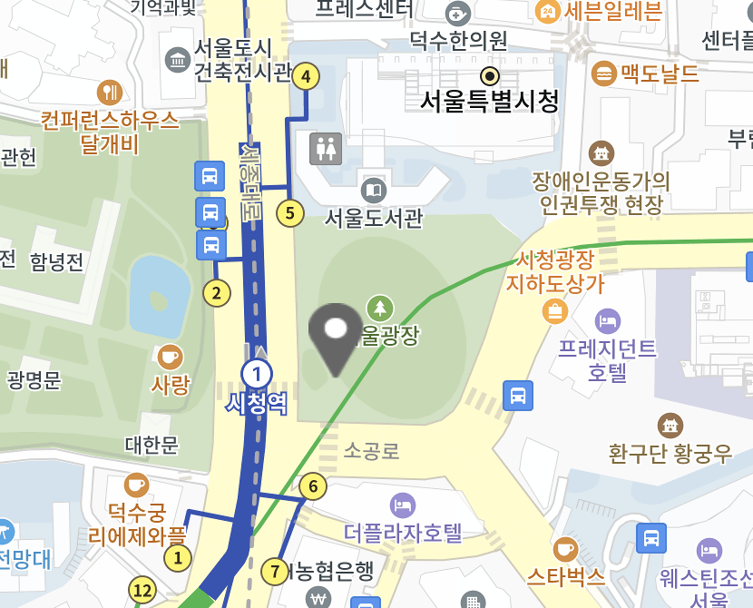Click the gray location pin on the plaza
click(336, 336)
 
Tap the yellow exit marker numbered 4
click(306, 77)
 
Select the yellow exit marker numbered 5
click(289, 213)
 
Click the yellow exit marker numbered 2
click(216, 293)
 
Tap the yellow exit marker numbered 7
click(275, 572)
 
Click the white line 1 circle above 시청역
click(257, 373)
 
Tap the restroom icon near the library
click(325, 148)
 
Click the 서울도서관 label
click(373, 218)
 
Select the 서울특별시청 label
click(489, 101)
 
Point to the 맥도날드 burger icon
click(602, 73)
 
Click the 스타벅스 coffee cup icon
click(565, 548)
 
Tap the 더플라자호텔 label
click(404, 531)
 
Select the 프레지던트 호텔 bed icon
click(607, 320)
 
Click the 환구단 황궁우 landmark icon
click(670, 425)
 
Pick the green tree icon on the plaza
click(380, 308)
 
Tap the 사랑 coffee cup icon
click(169, 357)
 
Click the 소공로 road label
click(372, 451)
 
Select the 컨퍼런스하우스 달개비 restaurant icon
click(109, 92)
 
